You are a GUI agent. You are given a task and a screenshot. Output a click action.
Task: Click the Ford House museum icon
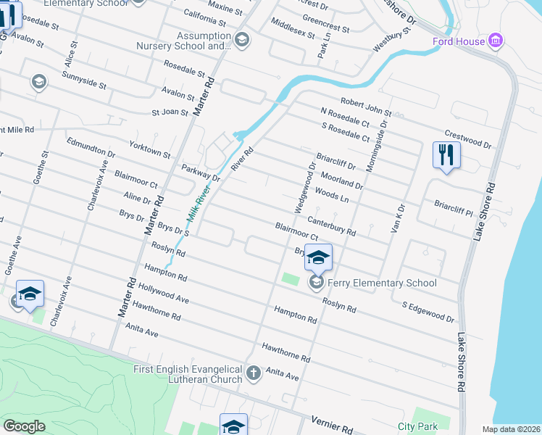pos(496,41)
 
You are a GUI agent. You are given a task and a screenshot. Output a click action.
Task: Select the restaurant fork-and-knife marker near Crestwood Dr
pos(446,155)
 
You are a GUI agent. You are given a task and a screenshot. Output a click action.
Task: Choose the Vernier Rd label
pos(330,422)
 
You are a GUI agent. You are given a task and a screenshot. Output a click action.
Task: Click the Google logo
pos(24,426)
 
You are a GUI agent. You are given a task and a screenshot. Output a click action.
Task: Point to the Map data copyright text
pos(511,429)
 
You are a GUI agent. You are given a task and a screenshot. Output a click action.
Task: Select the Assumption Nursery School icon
pos(242,40)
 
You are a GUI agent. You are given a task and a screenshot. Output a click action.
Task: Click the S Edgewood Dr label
pos(428,312)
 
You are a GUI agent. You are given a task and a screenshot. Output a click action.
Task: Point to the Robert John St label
pos(366,107)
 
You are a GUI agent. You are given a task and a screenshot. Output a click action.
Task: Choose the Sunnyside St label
pos(84,80)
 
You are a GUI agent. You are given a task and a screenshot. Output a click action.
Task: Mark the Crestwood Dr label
pos(467,140)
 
